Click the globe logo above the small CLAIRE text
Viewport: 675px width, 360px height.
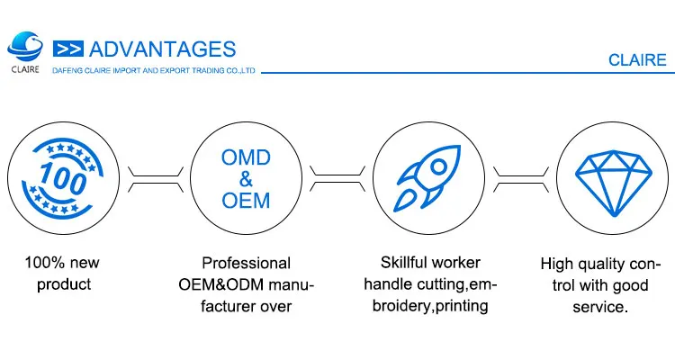[x=26, y=44]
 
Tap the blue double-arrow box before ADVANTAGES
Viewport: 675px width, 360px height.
[x=69, y=49]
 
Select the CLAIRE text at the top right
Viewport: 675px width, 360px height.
[x=636, y=60]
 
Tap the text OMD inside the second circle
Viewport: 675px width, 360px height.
[x=245, y=157]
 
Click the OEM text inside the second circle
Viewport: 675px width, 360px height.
[x=245, y=200]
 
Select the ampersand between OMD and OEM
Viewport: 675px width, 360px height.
[x=245, y=179]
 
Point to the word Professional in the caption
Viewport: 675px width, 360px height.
[x=246, y=264]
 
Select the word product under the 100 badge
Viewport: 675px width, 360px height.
[x=61, y=285]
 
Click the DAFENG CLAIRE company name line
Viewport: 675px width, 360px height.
[x=154, y=69]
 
